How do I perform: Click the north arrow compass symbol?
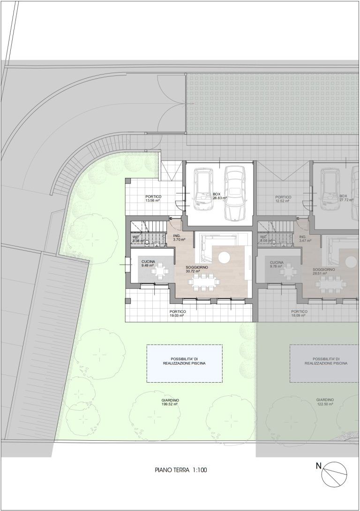(334, 474)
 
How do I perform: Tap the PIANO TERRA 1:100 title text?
(180, 470)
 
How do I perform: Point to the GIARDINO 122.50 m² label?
(325, 402)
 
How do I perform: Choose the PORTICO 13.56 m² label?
(153, 199)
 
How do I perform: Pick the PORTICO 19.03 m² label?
(177, 313)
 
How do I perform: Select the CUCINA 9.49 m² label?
(148, 264)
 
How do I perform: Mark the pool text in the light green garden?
(184, 361)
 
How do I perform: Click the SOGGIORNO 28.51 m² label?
(324, 272)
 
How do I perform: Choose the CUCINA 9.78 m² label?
(277, 264)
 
